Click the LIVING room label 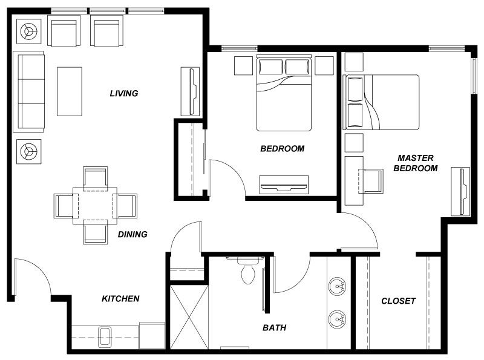[x=124, y=93]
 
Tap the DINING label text [x=132, y=234]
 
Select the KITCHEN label [x=120, y=298]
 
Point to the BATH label [x=275, y=327]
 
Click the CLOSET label [x=399, y=301]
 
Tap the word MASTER [x=416, y=158]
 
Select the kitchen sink [x=105, y=337]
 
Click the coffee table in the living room [x=70, y=92]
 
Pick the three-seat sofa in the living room [x=28, y=92]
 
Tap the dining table [x=95, y=205]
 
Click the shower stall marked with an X [x=189, y=318]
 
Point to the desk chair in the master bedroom [x=371, y=181]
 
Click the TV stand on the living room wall [x=190, y=92]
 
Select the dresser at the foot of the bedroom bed [x=284, y=185]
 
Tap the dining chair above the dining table [x=96, y=178]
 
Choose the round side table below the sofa [x=28, y=152]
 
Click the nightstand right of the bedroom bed [x=324, y=65]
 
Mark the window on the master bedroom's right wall [x=474, y=75]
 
